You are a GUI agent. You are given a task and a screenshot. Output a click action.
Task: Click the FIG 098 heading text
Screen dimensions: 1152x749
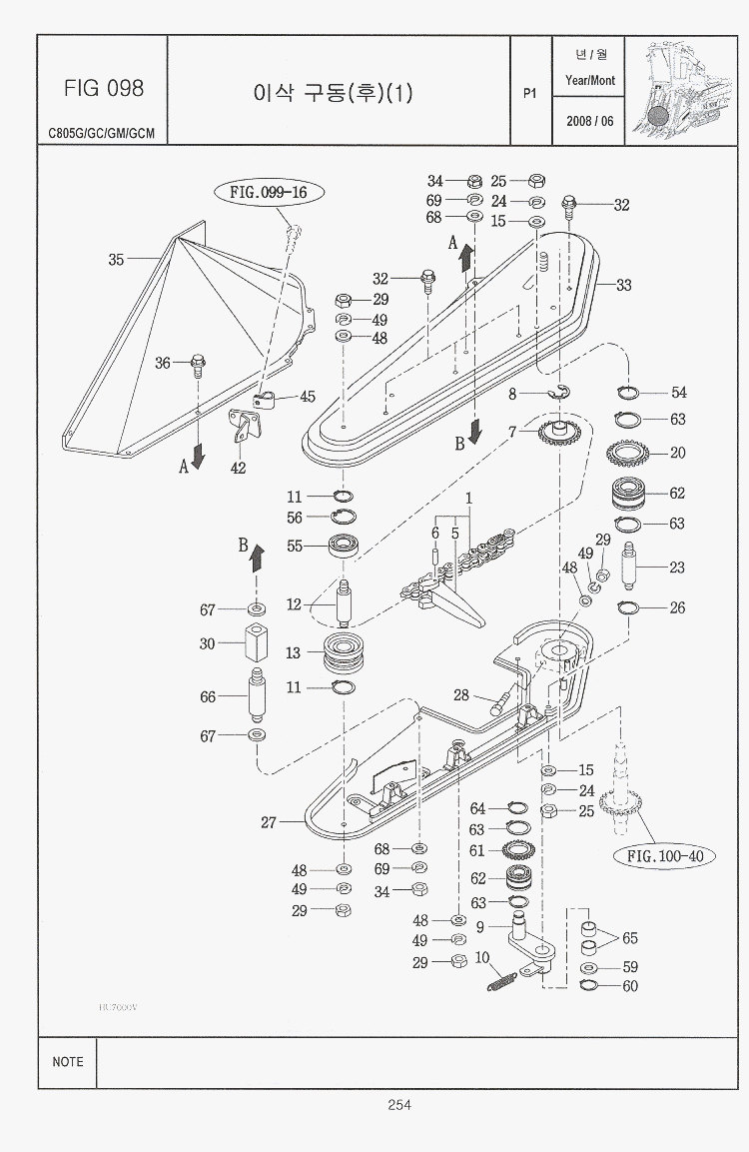coord(103,89)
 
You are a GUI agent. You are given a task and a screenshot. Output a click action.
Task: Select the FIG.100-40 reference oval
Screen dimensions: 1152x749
coord(665,856)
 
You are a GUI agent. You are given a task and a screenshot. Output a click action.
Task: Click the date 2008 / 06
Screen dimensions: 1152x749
coord(589,122)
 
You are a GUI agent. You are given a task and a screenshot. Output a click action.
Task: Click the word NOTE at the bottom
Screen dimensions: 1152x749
coord(68,1062)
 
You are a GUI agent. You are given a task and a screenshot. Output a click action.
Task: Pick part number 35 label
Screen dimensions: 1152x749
coord(116,260)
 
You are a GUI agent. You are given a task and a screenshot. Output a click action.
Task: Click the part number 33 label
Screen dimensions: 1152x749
coord(623,285)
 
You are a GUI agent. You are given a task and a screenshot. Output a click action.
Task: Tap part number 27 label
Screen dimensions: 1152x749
coord(268,823)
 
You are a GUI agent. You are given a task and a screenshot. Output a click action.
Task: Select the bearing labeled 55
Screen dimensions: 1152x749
coord(343,548)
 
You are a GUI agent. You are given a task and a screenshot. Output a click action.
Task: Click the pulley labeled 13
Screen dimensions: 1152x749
coord(343,653)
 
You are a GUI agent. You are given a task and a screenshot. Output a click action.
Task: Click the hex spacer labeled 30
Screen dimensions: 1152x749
coord(256,643)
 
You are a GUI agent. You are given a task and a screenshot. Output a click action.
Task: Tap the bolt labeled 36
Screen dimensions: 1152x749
coord(197,363)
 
